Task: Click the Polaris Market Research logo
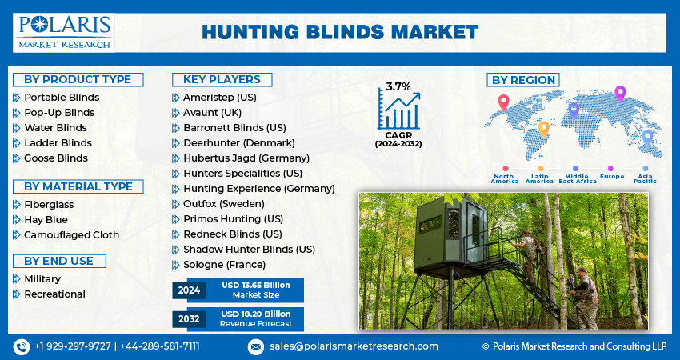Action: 64,33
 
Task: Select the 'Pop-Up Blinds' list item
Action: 59,113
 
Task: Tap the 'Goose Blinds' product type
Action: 56,158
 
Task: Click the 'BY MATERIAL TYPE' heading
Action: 78,186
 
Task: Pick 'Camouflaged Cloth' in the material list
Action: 71,235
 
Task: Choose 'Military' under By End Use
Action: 42,279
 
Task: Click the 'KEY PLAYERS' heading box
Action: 222,79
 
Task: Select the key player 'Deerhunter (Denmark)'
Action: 239,143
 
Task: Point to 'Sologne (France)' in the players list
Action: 224,265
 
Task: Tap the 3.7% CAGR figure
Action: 398,86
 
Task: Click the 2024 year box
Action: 189,290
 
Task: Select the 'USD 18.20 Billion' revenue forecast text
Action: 256,314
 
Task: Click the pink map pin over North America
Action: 503,102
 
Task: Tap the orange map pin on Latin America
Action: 543,130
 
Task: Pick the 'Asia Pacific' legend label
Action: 646,178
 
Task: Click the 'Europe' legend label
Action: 612,177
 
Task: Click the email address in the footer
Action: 354,346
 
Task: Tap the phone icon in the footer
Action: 22,347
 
